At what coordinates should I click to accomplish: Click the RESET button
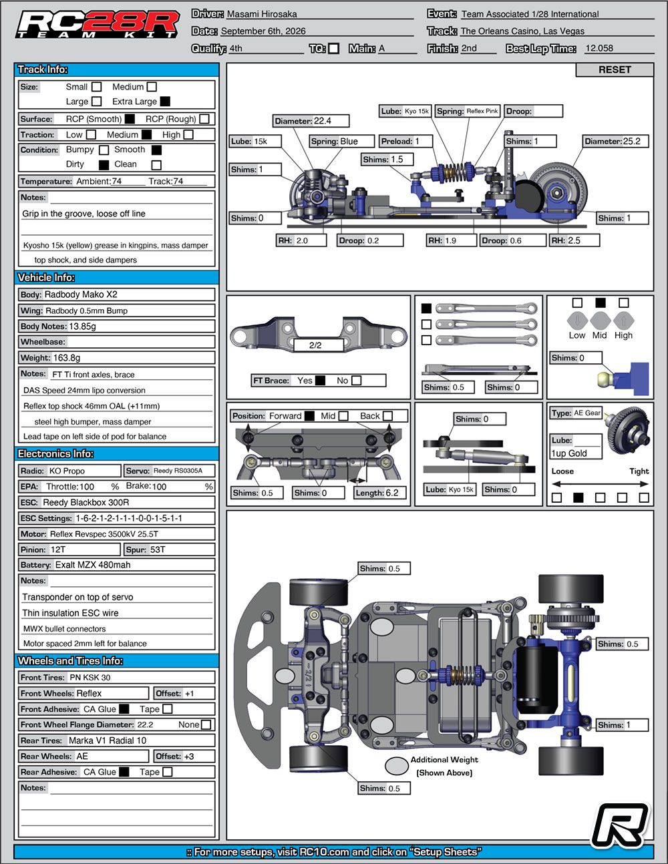tap(615, 69)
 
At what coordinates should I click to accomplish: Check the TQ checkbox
tap(334, 49)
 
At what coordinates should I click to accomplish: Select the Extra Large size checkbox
tap(165, 101)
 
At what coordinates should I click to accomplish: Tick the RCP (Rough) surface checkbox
tap(204, 119)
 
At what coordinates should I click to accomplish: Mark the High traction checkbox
tap(188, 135)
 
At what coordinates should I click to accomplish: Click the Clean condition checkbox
tap(157, 165)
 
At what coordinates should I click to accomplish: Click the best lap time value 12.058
tap(599, 48)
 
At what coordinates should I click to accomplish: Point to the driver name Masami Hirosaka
tap(262, 14)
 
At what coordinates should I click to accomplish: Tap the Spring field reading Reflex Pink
tap(467, 112)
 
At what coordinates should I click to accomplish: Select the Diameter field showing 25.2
tap(615, 141)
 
